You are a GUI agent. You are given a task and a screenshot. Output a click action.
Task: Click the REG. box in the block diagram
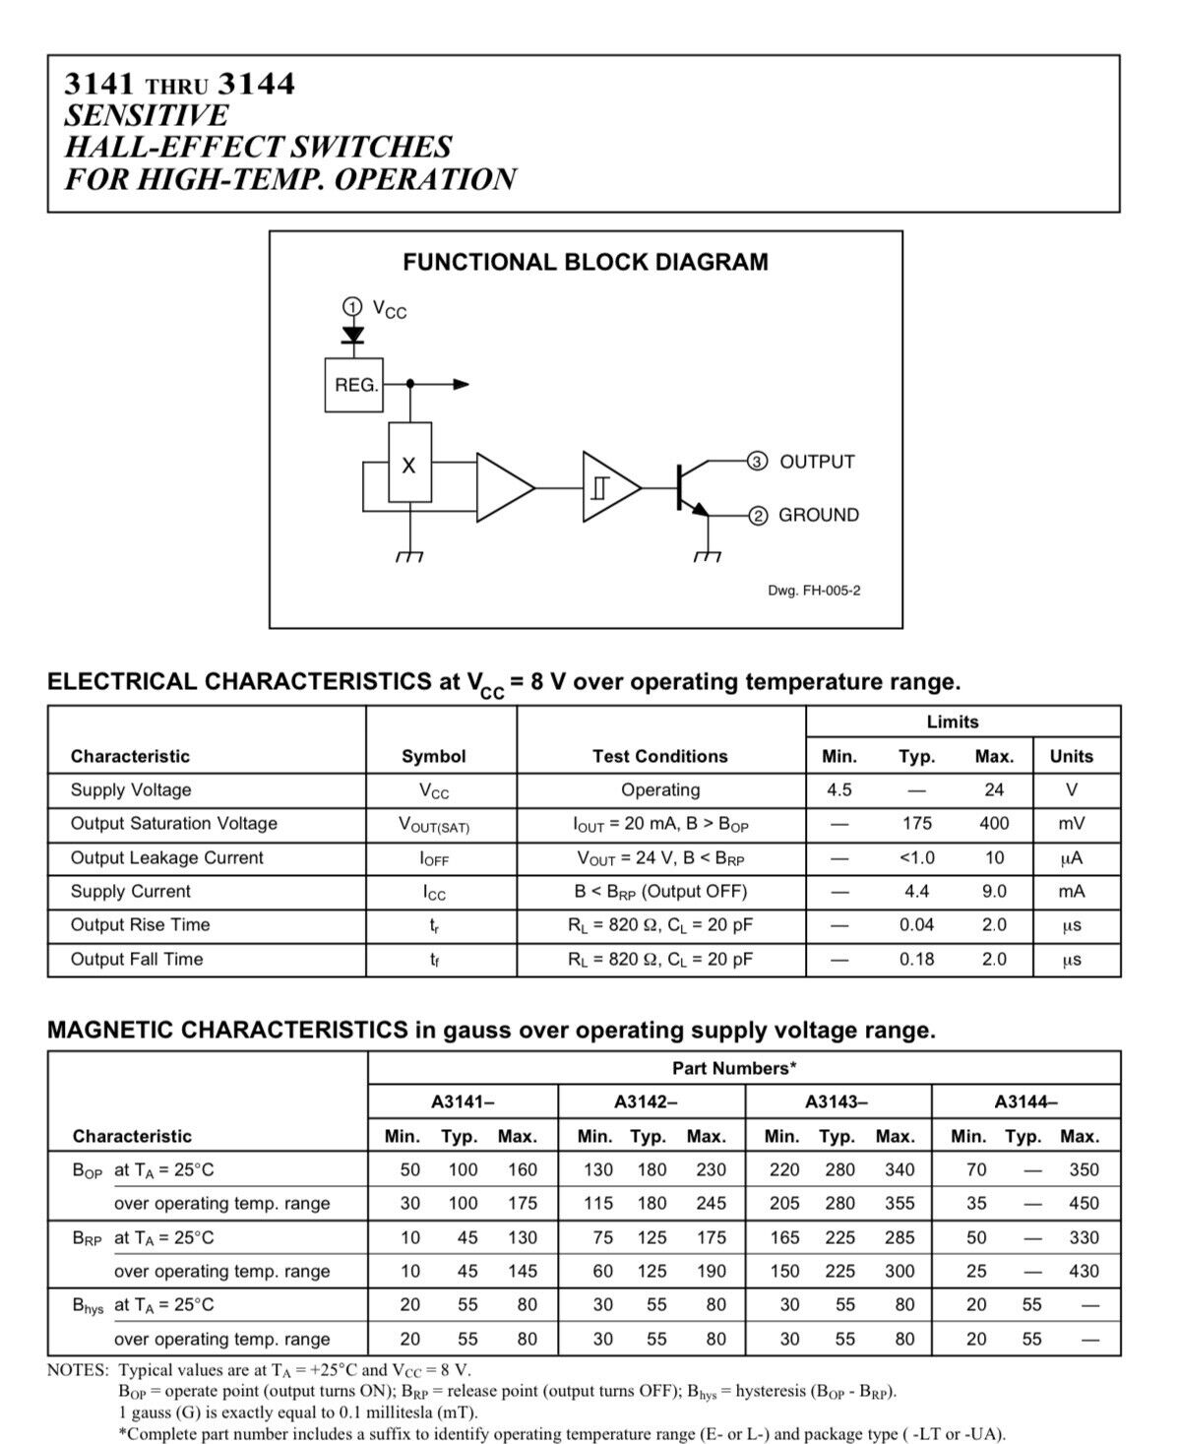click(354, 385)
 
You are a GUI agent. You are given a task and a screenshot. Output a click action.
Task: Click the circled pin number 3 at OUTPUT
click(758, 462)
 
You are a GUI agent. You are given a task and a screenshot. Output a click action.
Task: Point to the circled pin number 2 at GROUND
click(758, 515)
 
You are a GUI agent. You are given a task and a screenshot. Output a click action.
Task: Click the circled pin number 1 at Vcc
click(352, 306)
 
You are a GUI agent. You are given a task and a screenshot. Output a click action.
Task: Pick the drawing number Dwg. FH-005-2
click(814, 591)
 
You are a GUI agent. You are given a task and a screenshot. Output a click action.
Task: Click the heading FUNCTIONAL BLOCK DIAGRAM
click(586, 262)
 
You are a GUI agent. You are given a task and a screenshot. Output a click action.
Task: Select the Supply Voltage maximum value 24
click(994, 789)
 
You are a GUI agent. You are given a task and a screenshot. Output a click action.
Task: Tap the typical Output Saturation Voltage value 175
click(916, 823)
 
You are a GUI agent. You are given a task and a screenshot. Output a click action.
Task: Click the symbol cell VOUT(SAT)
click(434, 825)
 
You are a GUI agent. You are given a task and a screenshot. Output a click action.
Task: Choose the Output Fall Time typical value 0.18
click(916, 959)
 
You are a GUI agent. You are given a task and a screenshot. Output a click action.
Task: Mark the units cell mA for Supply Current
click(1071, 891)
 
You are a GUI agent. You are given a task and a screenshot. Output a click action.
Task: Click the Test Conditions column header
click(660, 756)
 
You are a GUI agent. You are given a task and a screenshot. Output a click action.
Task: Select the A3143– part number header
click(837, 1101)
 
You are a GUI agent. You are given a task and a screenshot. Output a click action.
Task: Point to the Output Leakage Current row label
click(166, 857)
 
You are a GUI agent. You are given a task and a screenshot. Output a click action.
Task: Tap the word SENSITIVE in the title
click(146, 115)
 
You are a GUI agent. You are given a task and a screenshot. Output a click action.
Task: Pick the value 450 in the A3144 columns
click(1084, 1203)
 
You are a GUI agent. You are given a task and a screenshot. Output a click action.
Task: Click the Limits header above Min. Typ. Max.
click(952, 722)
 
